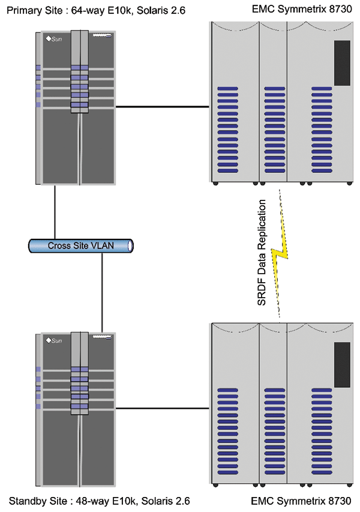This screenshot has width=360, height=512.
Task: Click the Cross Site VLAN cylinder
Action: [81, 245]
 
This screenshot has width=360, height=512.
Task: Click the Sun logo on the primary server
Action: [54, 40]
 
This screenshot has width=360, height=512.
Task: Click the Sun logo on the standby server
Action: [54, 340]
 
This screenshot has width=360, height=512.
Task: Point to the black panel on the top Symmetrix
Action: [342, 63]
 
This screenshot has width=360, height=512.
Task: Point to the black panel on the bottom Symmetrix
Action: [342, 364]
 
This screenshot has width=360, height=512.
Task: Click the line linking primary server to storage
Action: [162, 107]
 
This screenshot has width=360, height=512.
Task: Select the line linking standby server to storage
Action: [162, 408]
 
